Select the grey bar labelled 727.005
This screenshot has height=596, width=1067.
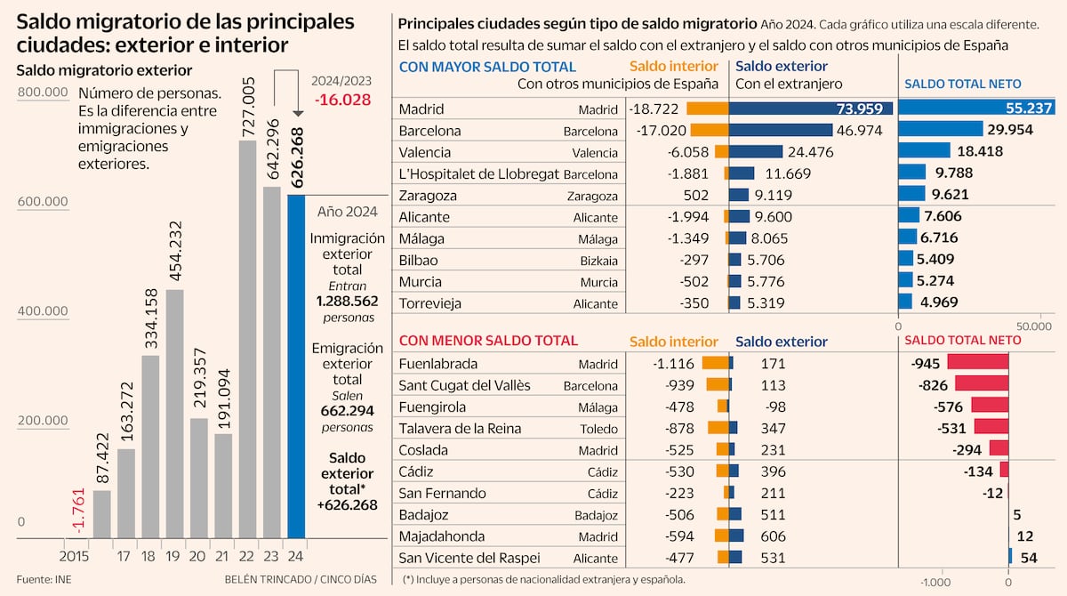pos(248,339)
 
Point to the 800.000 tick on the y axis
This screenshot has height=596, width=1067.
pos(42,93)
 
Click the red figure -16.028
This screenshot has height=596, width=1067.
pos(342,100)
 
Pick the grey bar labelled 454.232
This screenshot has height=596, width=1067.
pos(175,414)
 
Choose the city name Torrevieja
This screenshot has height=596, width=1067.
pos(430,303)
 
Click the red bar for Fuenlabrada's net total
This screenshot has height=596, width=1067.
pos(977,363)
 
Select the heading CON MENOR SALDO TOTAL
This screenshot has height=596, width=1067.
pos(488,341)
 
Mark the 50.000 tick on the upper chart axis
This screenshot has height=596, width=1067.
pos(1033,327)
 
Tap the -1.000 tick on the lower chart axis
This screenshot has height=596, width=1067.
pos(935,582)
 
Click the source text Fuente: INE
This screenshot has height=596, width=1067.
pos(42,579)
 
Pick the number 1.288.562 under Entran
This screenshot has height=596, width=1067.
pos(347,302)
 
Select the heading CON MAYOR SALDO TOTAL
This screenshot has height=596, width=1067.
pos(487,67)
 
